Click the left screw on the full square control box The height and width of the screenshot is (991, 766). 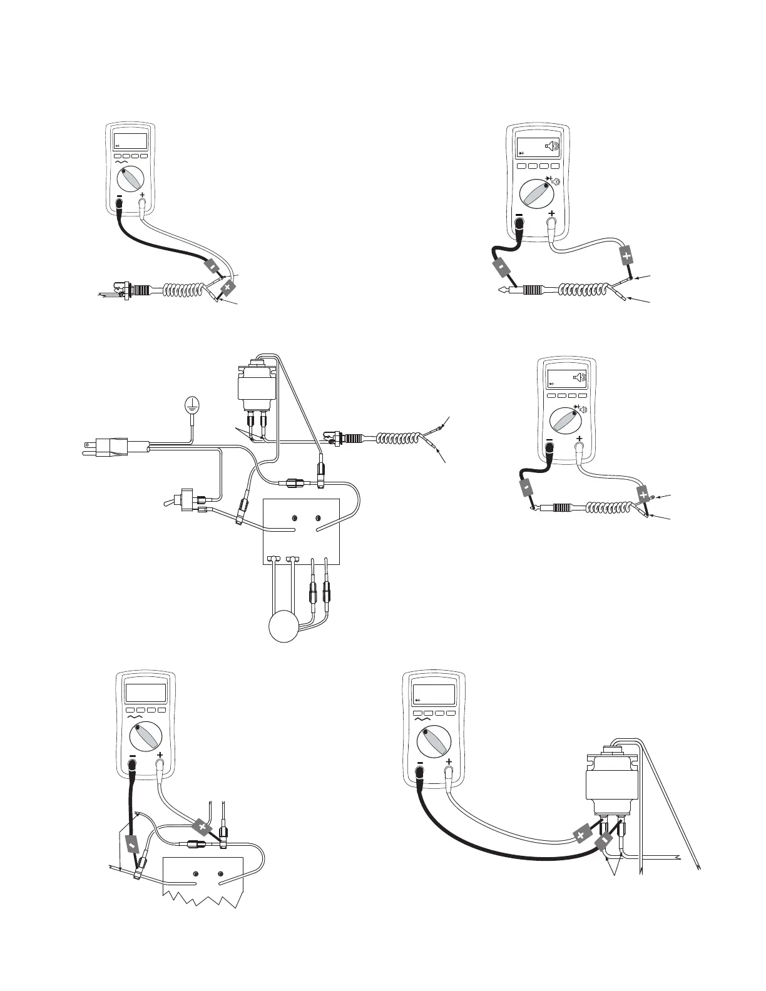(x=294, y=519)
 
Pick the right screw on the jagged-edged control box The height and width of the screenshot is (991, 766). (x=220, y=874)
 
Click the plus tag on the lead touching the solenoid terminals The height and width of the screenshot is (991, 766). (x=581, y=835)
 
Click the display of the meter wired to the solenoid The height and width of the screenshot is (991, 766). (x=434, y=694)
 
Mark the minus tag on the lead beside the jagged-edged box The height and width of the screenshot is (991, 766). (x=132, y=845)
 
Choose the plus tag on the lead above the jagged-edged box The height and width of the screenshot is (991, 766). (x=202, y=826)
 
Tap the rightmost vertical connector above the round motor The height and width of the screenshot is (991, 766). (x=326, y=591)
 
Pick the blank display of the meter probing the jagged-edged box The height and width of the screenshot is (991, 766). (x=146, y=693)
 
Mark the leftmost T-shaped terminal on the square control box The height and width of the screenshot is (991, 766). (x=272, y=557)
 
